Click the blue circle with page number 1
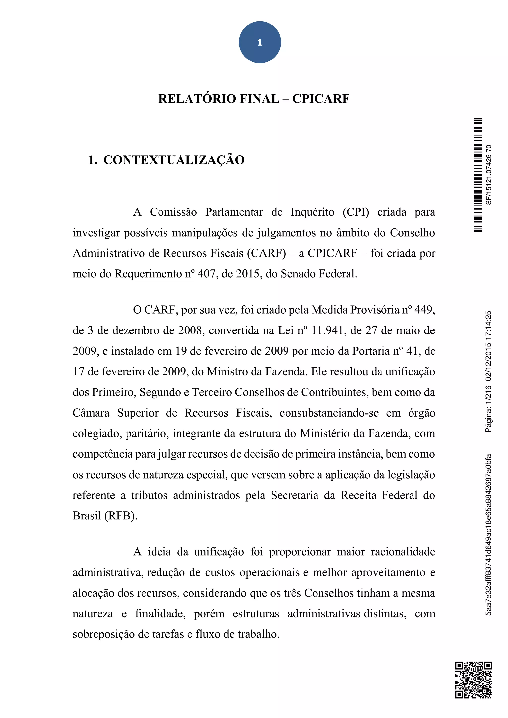coord(260,42)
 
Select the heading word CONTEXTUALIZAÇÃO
coord(174,160)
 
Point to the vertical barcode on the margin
coord(478,175)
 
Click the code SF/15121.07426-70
coord(489,175)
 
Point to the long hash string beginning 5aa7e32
coord(489,535)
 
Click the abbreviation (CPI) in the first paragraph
coord(356,212)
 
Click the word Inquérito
coord(312,212)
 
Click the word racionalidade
coord(403,552)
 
